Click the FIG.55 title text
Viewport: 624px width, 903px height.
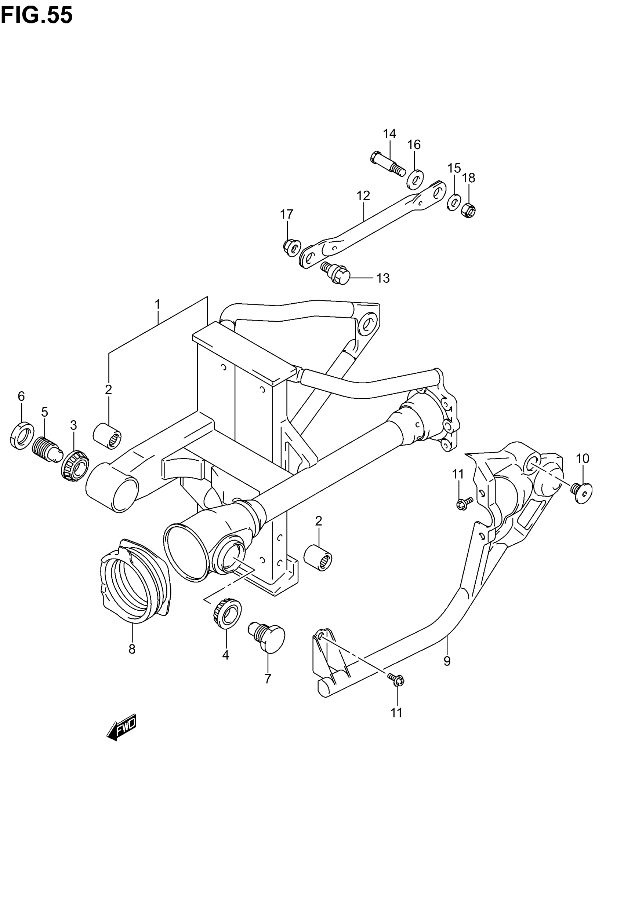37,16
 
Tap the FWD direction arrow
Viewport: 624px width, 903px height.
121,728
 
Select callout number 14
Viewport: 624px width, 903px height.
389,134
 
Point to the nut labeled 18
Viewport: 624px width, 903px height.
468,211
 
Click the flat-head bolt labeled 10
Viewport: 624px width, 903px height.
582,492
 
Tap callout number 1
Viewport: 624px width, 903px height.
157,304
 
